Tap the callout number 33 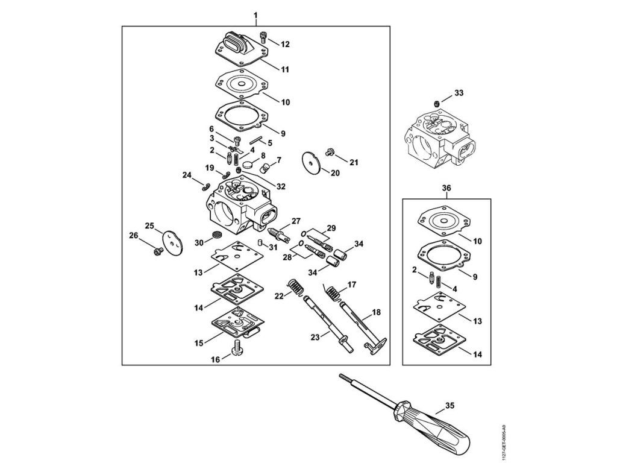459,93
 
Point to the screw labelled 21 330,151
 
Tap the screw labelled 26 159,249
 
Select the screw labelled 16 236,347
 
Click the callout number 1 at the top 255,13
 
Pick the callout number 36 446,187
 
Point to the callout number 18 376,313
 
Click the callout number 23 315,338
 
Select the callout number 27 296,220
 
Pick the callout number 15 199,342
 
